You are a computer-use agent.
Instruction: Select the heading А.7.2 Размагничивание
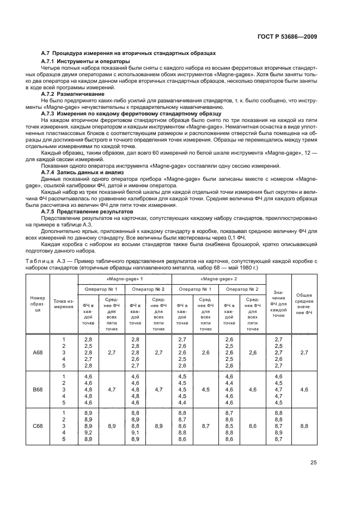coord(65,93)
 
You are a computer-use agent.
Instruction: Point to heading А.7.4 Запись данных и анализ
coord(74,171)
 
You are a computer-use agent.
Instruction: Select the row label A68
coord(37,353)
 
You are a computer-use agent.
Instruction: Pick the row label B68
coord(37,389)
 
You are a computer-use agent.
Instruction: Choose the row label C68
coord(37,426)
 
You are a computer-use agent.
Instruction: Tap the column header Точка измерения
coord(64,303)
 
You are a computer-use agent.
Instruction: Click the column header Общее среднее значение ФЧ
coord(304,303)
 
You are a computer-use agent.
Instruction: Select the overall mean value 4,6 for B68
coord(304,390)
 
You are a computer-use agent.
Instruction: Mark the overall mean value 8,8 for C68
coord(304,426)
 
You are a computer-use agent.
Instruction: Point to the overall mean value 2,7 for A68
coord(304,353)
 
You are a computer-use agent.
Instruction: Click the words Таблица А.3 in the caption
coord(58,261)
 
